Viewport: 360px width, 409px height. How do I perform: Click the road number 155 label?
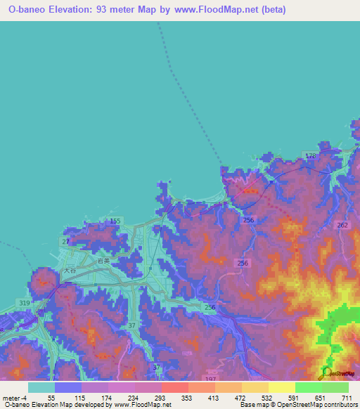[115, 221]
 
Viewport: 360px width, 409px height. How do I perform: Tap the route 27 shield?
[65, 242]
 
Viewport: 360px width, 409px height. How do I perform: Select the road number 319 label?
[25, 304]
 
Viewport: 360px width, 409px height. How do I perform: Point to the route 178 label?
[311, 155]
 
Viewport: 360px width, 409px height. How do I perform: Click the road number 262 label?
[342, 226]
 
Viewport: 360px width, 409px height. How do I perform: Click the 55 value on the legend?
[51, 398]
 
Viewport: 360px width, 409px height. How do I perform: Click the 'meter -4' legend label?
[15, 398]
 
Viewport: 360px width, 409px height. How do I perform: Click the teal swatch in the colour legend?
[41, 387]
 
